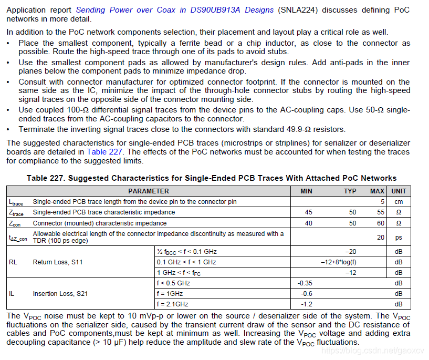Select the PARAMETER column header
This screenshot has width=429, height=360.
click(x=149, y=191)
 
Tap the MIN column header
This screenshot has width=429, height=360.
click(x=306, y=191)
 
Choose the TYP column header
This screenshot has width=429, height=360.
click(x=350, y=191)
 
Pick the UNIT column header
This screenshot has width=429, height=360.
click(x=399, y=191)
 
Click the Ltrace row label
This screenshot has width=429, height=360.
click(x=16, y=202)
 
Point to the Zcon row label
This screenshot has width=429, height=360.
click(x=16, y=223)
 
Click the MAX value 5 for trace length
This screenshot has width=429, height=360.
click(x=383, y=202)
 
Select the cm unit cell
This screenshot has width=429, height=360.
click(x=399, y=202)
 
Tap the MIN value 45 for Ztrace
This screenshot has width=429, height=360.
click(x=308, y=212)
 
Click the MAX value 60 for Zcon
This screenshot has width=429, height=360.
click(x=381, y=223)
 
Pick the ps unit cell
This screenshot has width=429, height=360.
click(x=399, y=237)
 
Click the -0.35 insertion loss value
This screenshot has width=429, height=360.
click(x=305, y=283)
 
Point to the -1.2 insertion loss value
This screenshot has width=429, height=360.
click(x=306, y=304)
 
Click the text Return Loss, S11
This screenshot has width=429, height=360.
click(x=58, y=262)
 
